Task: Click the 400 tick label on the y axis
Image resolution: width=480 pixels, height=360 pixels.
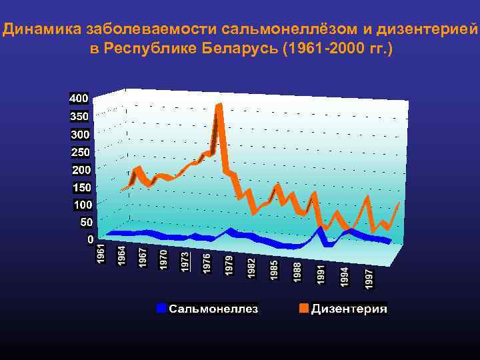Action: [x=79, y=98]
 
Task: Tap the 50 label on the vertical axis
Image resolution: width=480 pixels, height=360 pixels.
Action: [x=86, y=221]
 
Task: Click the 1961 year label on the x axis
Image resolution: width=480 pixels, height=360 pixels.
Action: [x=101, y=253]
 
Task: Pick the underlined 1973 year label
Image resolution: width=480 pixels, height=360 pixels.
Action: [x=185, y=260]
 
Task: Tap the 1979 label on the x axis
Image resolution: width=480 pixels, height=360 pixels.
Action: [x=229, y=265]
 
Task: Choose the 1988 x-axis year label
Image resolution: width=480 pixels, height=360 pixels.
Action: [x=298, y=271]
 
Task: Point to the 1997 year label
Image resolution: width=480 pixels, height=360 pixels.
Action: [x=369, y=278]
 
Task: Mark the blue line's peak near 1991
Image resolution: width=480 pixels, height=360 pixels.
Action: [x=321, y=229]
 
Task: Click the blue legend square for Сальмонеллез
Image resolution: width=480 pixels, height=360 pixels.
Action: [x=161, y=308]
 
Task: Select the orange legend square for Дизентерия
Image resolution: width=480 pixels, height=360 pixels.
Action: [x=303, y=308]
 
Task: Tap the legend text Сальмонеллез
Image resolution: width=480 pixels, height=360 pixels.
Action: [x=213, y=309]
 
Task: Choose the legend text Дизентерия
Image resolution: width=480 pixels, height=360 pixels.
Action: [x=349, y=309]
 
